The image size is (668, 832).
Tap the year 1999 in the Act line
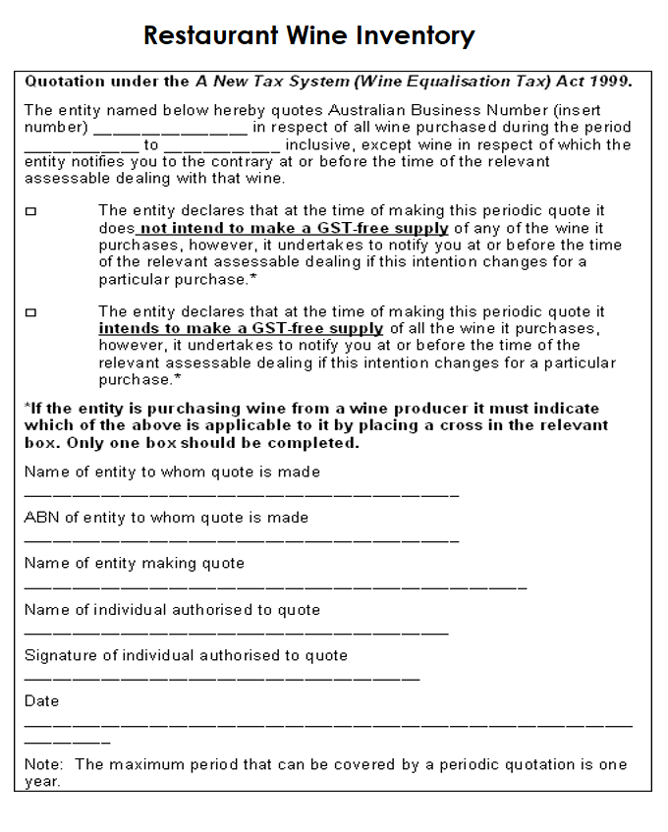click(609, 81)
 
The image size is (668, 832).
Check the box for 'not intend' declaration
click(30, 211)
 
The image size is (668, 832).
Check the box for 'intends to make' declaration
click(30, 312)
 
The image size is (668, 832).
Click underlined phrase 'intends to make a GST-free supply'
click(241, 329)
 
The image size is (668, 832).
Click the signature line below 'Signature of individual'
click(222, 679)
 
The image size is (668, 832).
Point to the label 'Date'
click(42, 701)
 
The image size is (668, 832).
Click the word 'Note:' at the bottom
click(45, 765)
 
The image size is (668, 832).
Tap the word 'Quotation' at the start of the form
click(63, 81)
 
